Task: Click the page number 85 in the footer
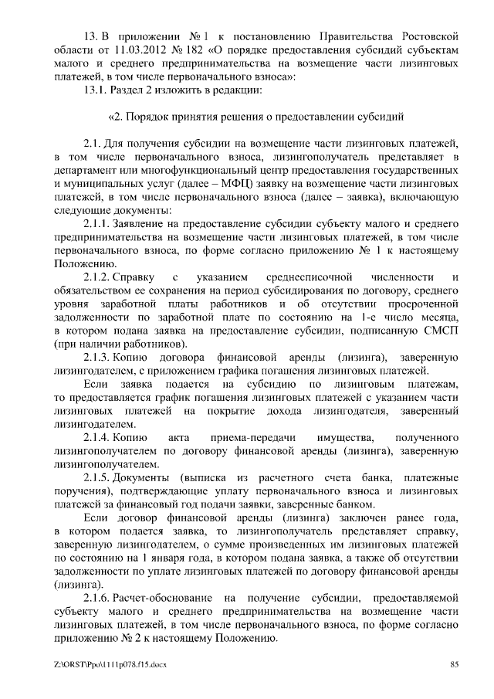455,664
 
